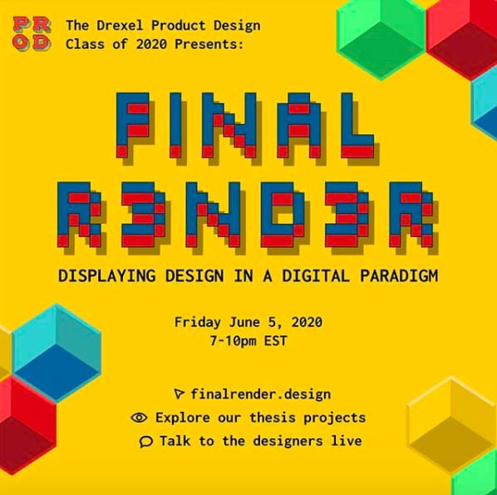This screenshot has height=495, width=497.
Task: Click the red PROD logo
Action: (x=32, y=34)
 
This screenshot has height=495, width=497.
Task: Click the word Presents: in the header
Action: (x=209, y=44)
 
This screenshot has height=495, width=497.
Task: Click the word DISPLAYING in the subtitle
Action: (x=107, y=275)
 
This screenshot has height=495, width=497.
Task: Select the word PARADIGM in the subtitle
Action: (x=399, y=275)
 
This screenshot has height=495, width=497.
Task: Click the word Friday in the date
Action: (x=198, y=323)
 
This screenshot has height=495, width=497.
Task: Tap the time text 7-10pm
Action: (x=234, y=341)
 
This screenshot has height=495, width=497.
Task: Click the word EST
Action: (x=275, y=341)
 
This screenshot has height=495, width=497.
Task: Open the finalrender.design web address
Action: (x=260, y=394)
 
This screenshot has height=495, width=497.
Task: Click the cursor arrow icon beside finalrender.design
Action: (x=179, y=394)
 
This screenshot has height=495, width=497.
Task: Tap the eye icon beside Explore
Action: (x=139, y=418)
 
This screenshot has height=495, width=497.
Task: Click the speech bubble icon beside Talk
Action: (x=146, y=442)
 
